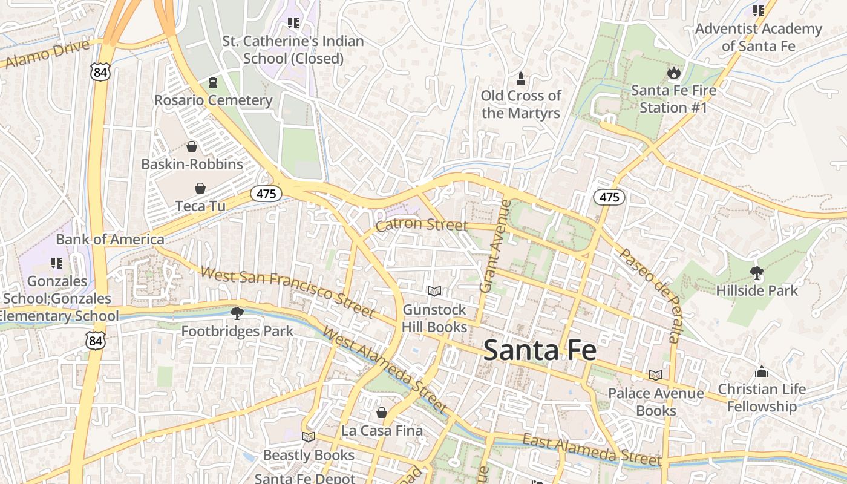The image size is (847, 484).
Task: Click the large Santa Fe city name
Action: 540,350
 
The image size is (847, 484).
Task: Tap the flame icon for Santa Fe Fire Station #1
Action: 673,73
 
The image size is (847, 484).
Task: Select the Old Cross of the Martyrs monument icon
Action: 520,78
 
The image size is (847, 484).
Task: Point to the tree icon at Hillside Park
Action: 756,273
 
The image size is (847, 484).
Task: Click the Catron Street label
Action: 421,226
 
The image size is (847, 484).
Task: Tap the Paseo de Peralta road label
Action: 652,295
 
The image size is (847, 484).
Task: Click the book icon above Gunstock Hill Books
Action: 434,292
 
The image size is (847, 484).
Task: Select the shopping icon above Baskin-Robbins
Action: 192,146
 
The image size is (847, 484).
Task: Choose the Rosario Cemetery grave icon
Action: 212,82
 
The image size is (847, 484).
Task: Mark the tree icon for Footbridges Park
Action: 237,313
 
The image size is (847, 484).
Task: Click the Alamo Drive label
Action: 47,54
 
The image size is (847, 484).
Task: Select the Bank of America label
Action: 110,239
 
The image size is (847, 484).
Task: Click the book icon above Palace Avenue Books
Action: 656,376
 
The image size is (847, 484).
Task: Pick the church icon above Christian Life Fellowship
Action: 762,371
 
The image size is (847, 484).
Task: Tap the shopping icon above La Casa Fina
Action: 382,413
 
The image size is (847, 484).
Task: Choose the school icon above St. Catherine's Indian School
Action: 293,24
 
